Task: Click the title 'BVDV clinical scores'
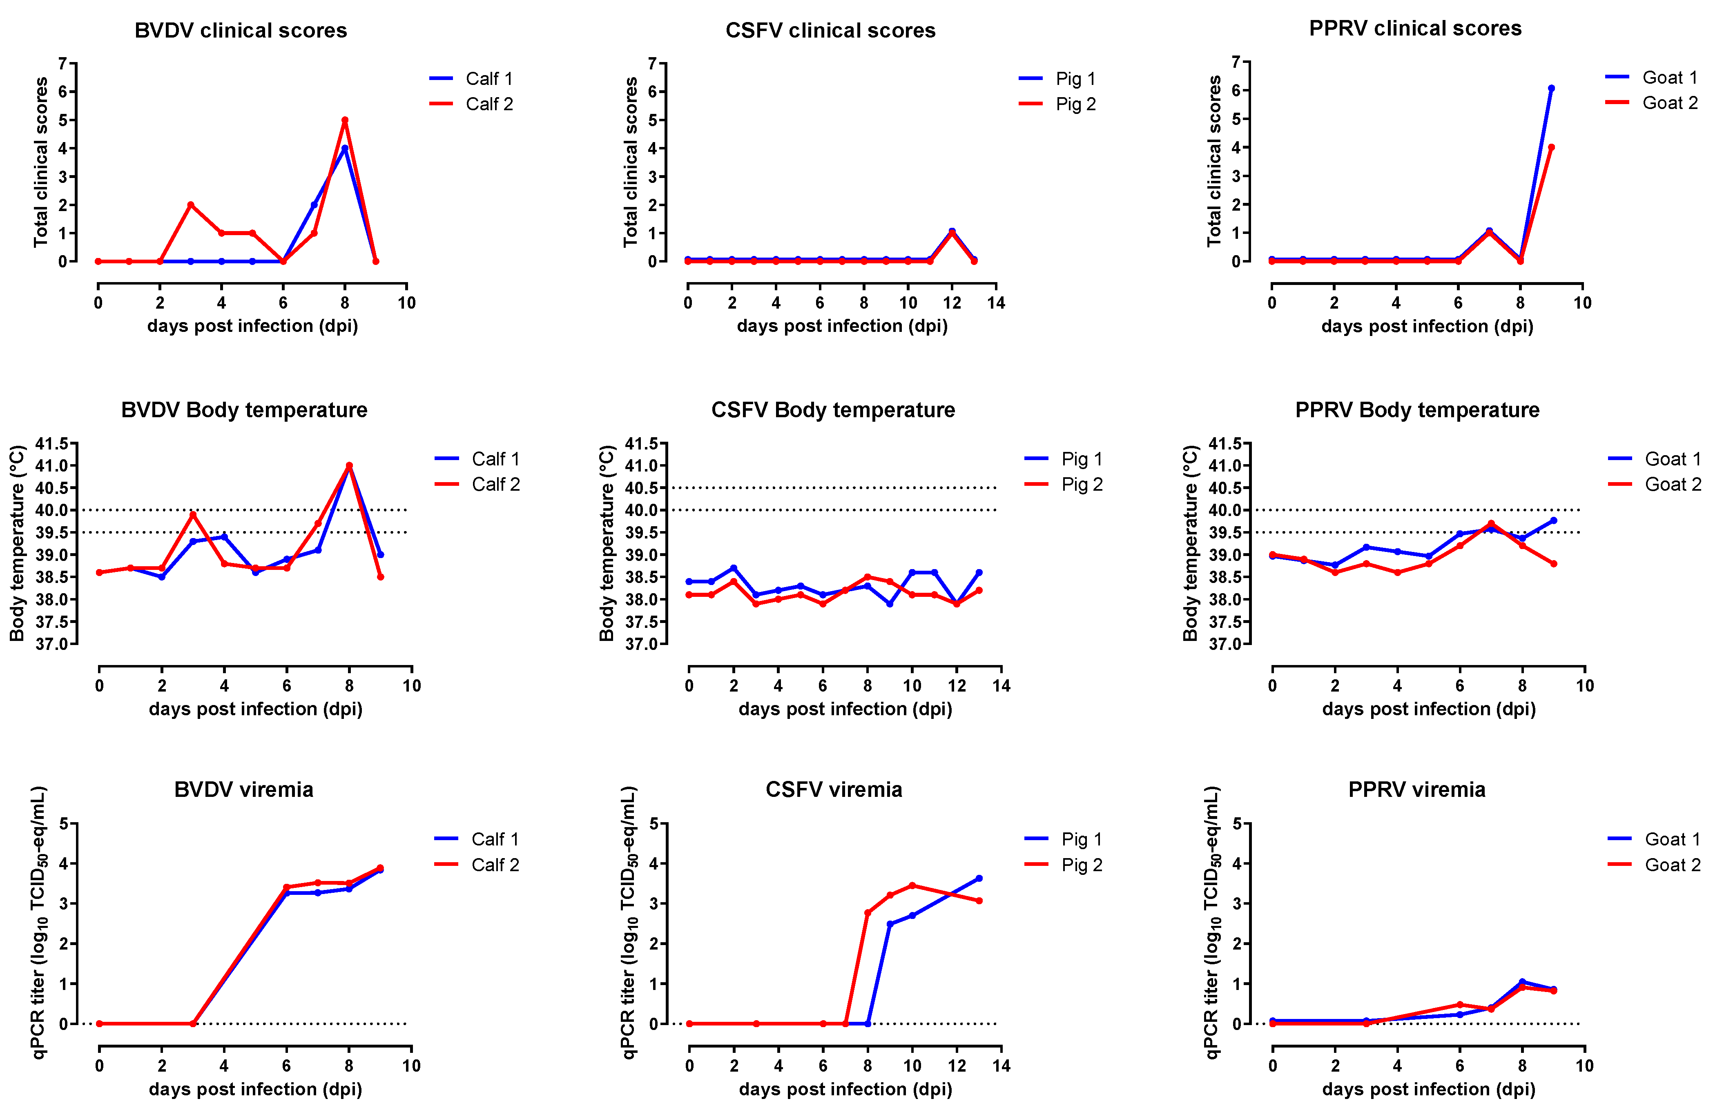coord(241,30)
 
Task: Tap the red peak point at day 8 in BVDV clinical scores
coord(345,120)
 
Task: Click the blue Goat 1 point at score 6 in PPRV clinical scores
coord(1551,89)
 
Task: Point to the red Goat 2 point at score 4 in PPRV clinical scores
coord(1551,147)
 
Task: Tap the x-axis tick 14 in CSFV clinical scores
coord(996,303)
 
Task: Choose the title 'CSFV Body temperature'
coord(833,410)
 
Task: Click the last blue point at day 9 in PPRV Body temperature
coord(1553,520)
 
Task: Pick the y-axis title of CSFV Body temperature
coord(607,543)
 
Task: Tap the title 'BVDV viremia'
coord(243,790)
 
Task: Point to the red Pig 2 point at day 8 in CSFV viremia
coord(867,913)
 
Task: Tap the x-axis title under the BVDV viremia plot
coord(256,1089)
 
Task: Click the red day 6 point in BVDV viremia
coord(286,888)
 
